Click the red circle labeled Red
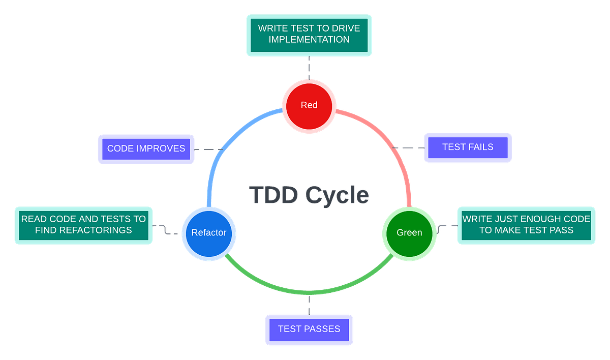point(309,105)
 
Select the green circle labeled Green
point(409,232)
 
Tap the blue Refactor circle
point(208,232)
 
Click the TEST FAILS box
point(468,147)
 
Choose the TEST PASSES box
point(309,329)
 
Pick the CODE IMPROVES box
point(146,149)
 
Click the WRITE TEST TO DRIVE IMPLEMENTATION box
point(309,35)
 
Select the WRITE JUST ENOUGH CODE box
point(526,225)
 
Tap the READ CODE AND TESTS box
point(83,225)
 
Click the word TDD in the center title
point(272,195)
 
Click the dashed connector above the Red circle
point(309,68)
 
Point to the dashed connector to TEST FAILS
point(410,148)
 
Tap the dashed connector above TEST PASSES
point(309,305)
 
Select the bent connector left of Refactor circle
point(167,229)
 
